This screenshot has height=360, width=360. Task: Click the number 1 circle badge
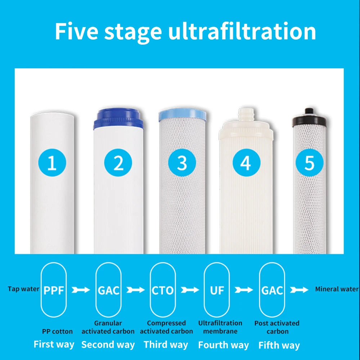tap(52, 163)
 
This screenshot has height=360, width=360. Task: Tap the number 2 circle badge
tap(118, 163)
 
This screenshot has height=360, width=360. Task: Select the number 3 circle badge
tap(182, 163)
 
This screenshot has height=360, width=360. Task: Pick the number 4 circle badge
tap(245, 163)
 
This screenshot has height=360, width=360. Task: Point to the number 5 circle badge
tap(309, 163)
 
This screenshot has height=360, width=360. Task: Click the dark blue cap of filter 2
tap(118, 119)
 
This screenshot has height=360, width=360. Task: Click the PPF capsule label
tap(54, 290)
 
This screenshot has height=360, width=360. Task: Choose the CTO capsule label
tap(163, 290)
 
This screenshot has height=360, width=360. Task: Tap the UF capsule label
tap(217, 290)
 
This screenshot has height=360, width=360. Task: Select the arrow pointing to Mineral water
tap(299, 289)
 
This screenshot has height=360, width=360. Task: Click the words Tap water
tap(24, 289)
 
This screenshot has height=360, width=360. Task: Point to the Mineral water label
tap(337, 289)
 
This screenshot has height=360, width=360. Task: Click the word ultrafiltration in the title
tap(242, 32)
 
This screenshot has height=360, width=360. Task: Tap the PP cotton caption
tap(57, 331)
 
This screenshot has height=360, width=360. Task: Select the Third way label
tap(166, 345)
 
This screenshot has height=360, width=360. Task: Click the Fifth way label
tap(279, 345)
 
